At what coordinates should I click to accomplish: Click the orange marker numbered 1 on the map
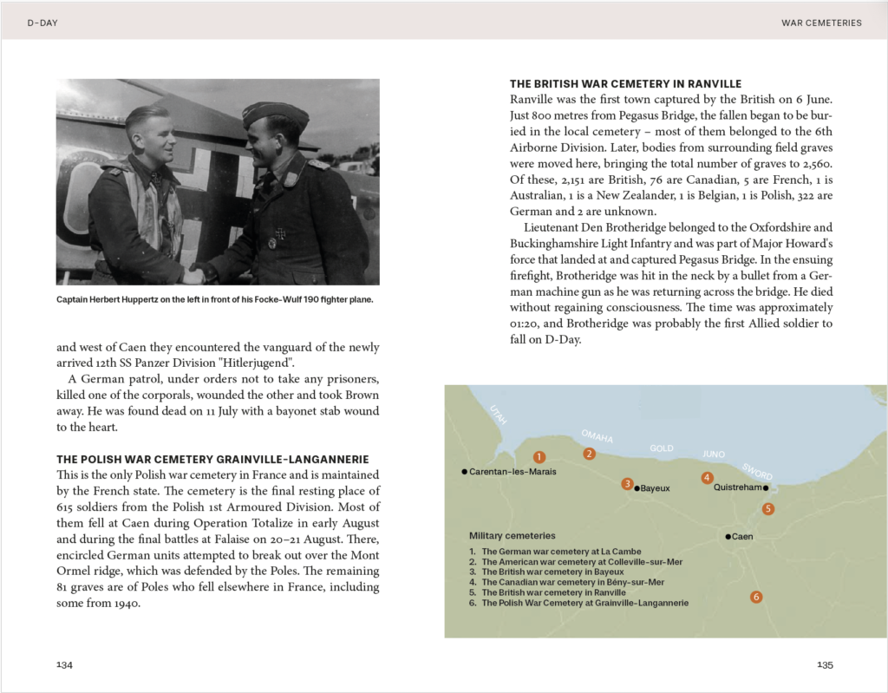pyautogui.click(x=539, y=456)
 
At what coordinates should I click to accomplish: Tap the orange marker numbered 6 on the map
pyautogui.click(x=756, y=597)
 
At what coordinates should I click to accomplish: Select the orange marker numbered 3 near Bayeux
pyautogui.click(x=627, y=484)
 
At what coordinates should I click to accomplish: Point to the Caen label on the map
pyautogui.click(x=742, y=537)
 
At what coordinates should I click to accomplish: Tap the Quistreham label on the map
pyautogui.click(x=737, y=487)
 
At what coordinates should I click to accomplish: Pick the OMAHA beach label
pyautogui.click(x=597, y=435)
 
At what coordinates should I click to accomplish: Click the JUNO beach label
pyautogui.click(x=714, y=453)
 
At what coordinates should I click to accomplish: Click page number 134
pyautogui.click(x=64, y=664)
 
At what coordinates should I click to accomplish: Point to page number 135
pyautogui.click(x=825, y=664)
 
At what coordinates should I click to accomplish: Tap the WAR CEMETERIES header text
pyautogui.click(x=821, y=23)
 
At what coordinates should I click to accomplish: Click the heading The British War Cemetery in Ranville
pyautogui.click(x=625, y=84)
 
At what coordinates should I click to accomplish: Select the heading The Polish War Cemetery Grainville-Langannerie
pyautogui.click(x=212, y=459)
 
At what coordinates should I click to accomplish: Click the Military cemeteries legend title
pyautogui.click(x=513, y=536)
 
